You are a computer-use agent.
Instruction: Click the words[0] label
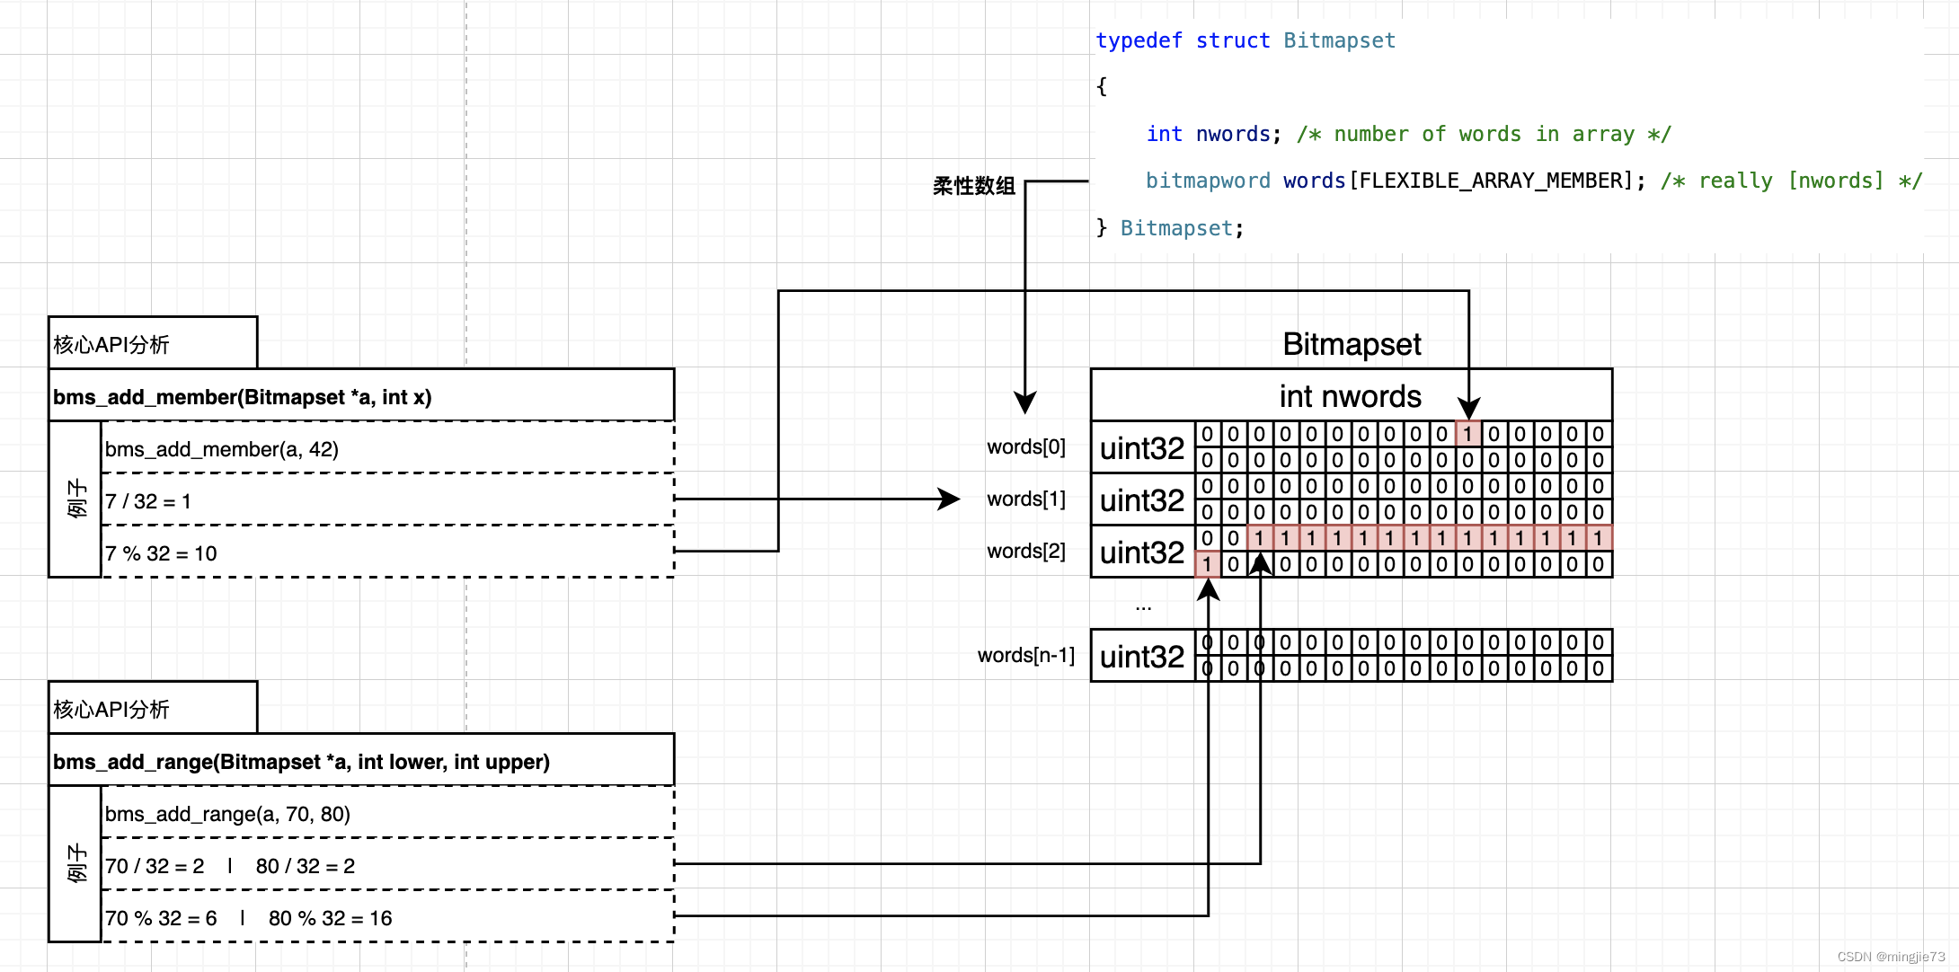click(x=1025, y=446)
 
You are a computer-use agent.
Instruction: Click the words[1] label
click(x=1025, y=499)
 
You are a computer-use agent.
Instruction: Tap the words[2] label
click(x=1025, y=551)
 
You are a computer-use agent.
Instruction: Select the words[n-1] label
click(x=1025, y=655)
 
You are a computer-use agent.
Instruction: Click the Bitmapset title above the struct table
click(x=1351, y=344)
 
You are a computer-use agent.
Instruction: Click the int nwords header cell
click(x=1350, y=396)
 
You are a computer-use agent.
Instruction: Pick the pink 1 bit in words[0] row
click(x=1467, y=434)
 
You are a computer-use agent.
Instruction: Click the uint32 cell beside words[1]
click(x=1141, y=499)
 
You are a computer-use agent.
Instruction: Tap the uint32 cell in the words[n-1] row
click(x=1141, y=656)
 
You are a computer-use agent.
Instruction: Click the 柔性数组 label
click(x=973, y=186)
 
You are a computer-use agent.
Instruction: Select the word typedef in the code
click(x=1138, y=40)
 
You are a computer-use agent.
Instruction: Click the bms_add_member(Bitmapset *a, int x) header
click(x=243, y=397)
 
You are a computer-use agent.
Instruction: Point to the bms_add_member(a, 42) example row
click(x=222, y=449)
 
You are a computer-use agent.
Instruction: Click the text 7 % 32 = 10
click(x=161, y=553)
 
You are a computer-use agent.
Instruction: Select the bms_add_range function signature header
click(x=301, y=762)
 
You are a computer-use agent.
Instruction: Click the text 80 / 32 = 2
click(x=305, y=866)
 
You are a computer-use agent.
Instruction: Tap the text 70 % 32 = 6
click(x=161, y=918)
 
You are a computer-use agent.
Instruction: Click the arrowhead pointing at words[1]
click(x=950, y=499)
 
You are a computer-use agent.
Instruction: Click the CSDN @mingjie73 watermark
click(x=1891, y=957)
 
